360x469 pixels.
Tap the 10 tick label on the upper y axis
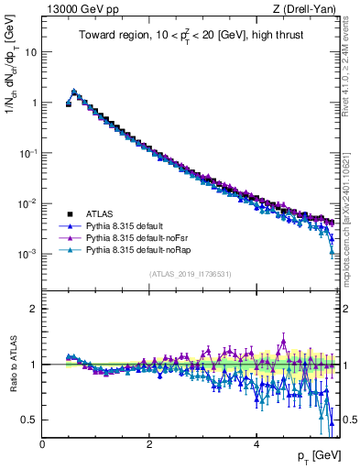[30, 52]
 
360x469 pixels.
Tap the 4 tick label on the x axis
[256, 444]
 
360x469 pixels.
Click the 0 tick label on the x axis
[42, 444]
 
